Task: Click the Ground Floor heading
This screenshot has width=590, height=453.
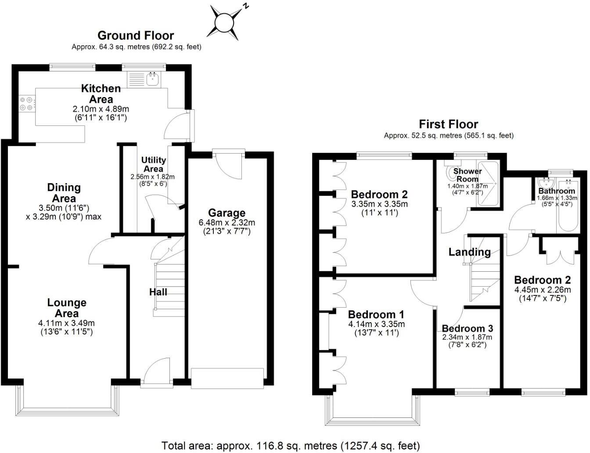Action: coord(136,36)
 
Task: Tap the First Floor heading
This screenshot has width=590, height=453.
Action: coord(448,124)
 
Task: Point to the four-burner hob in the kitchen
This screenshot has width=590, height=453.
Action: coord(26,104)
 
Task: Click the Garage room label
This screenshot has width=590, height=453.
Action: coord(227,213)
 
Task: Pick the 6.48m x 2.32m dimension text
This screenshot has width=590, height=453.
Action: coord(227,223)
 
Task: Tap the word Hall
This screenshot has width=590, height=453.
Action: coord(158,292)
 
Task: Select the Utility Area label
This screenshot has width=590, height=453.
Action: coord(153,165)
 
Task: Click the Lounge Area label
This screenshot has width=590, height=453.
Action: coord(67,308)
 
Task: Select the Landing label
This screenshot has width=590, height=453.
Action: coord(469,252)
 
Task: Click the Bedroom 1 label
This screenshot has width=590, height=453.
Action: coord(376,314)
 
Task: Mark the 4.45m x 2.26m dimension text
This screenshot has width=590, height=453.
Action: coord(543,290)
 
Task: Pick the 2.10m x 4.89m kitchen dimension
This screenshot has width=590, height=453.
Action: coord(101,109)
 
